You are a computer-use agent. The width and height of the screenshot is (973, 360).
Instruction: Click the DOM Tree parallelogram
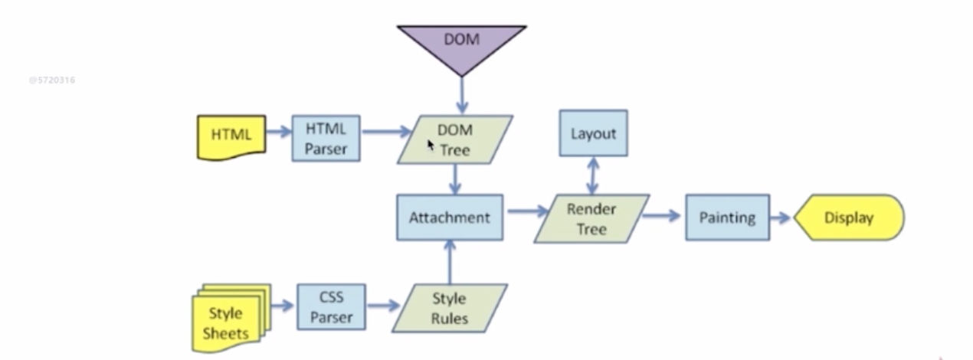(x=455, y=139)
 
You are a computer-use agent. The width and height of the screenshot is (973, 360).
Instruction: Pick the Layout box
(x=593, y=133)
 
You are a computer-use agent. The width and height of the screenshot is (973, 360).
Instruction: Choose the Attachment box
(x=449, y=217)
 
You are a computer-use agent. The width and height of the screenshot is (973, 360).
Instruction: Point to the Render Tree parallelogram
(x=591, y=218)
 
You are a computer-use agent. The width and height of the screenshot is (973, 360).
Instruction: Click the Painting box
(x=727, y=218)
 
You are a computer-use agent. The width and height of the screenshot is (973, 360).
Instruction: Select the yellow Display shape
(x=849, y=218)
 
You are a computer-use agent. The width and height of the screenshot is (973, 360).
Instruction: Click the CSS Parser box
(x=331, y=306)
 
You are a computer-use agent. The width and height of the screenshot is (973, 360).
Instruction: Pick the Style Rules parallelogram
(x=449, y=308)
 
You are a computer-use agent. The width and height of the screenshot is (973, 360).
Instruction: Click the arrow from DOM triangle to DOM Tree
(x=461, y=96)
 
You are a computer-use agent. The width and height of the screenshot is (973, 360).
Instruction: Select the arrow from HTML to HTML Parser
(x=278, y=131)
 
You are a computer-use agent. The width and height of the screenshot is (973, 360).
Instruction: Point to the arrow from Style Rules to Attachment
(x=449, y=261)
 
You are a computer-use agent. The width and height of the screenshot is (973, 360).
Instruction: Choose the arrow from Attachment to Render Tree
(x=525, y=210)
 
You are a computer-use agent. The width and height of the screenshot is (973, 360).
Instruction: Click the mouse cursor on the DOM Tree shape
(x=431, y=144)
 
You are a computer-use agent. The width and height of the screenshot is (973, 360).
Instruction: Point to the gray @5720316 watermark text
(x=51, y=80)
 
